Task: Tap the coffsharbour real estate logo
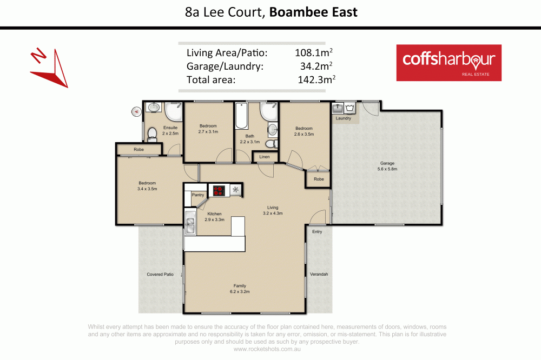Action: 448,62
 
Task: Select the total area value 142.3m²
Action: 315,80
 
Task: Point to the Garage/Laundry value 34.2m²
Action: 315,66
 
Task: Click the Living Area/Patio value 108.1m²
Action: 313,53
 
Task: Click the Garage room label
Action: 387,163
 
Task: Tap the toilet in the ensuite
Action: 152,133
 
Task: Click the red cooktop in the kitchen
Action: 219,190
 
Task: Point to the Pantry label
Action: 198,195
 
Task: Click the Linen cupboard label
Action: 265,157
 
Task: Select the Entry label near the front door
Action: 317,231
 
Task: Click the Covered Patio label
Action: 160,275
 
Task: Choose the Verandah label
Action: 319,275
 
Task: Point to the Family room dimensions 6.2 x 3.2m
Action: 241,291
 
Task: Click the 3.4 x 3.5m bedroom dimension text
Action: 147,189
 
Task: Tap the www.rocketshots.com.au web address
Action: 267,349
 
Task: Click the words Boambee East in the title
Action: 312,12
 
